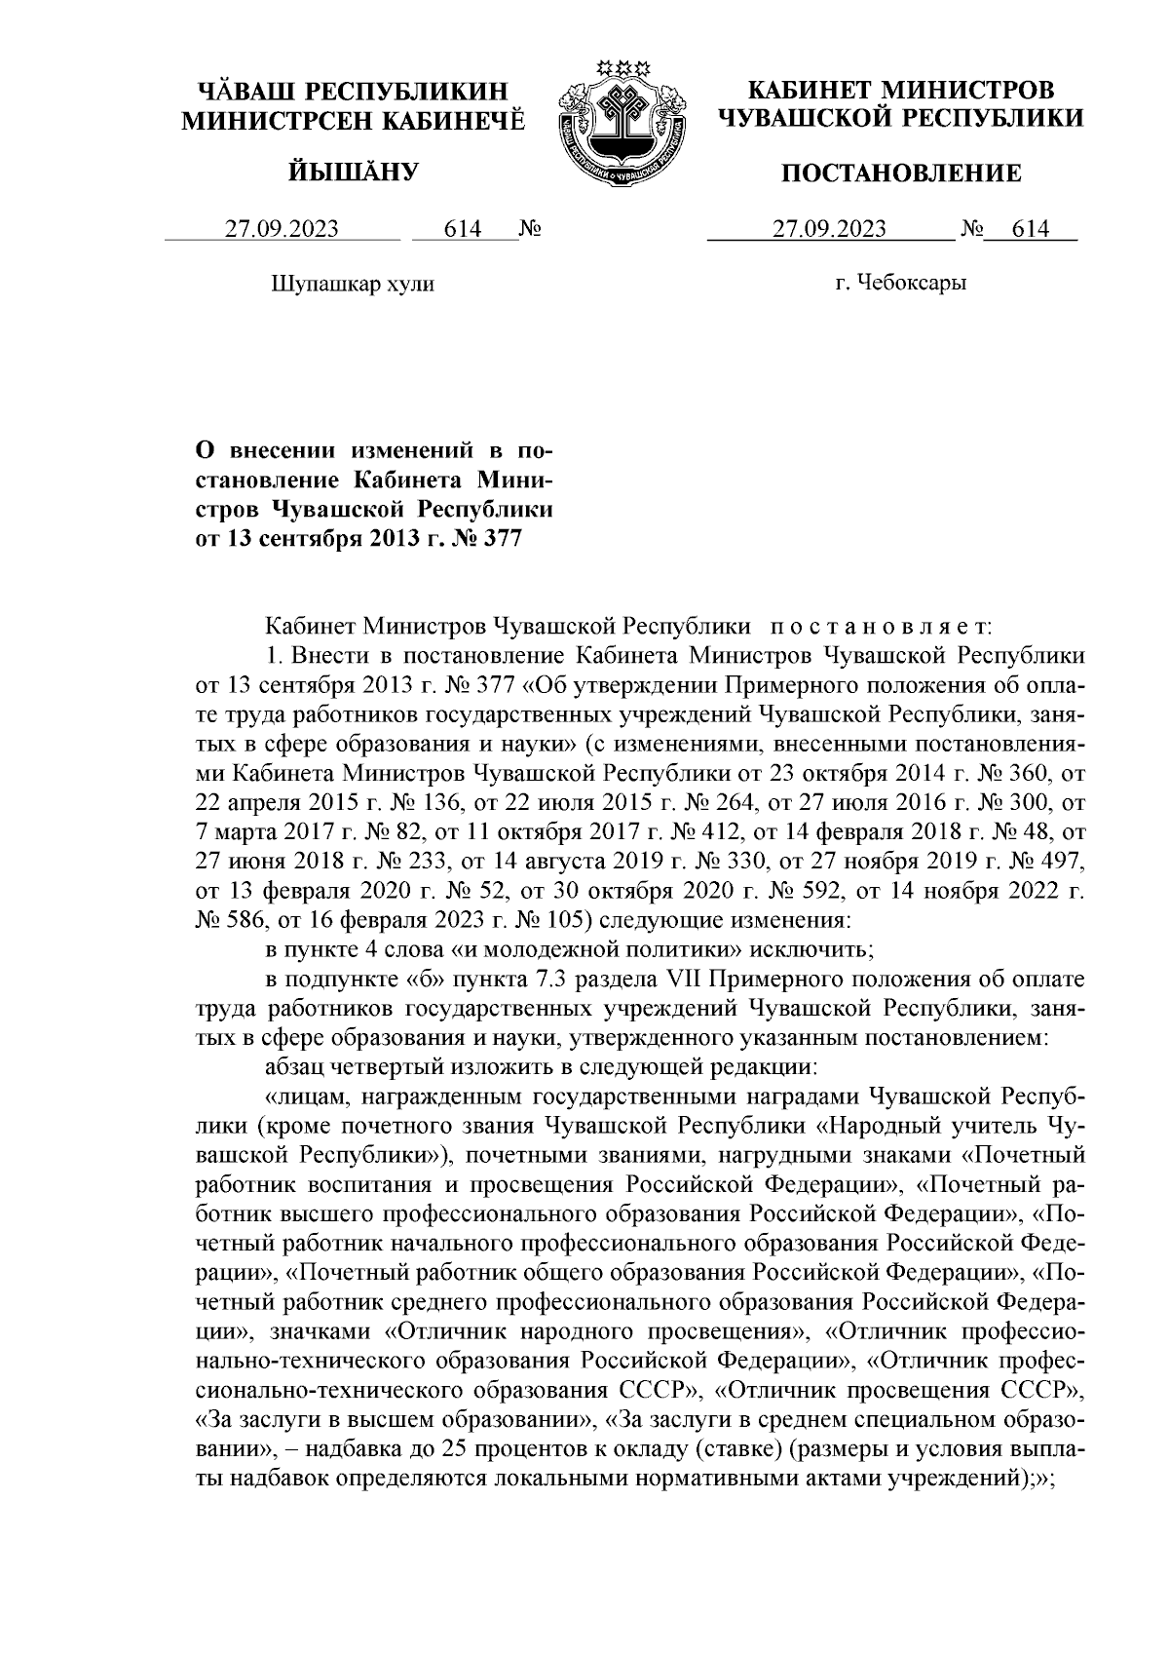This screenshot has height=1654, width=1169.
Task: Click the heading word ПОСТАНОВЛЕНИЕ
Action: [x=902, y=173]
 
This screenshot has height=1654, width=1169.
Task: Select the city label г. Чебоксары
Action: [x=901, y=284]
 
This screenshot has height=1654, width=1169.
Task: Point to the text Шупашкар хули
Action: [x=352, y=284]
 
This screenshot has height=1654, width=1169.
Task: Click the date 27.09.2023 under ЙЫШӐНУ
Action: [x=283, y=230]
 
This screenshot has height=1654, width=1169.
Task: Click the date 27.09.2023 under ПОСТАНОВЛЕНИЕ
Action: [x=829, y=230]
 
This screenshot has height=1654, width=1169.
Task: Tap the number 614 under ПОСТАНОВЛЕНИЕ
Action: [x=1030, y=230]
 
